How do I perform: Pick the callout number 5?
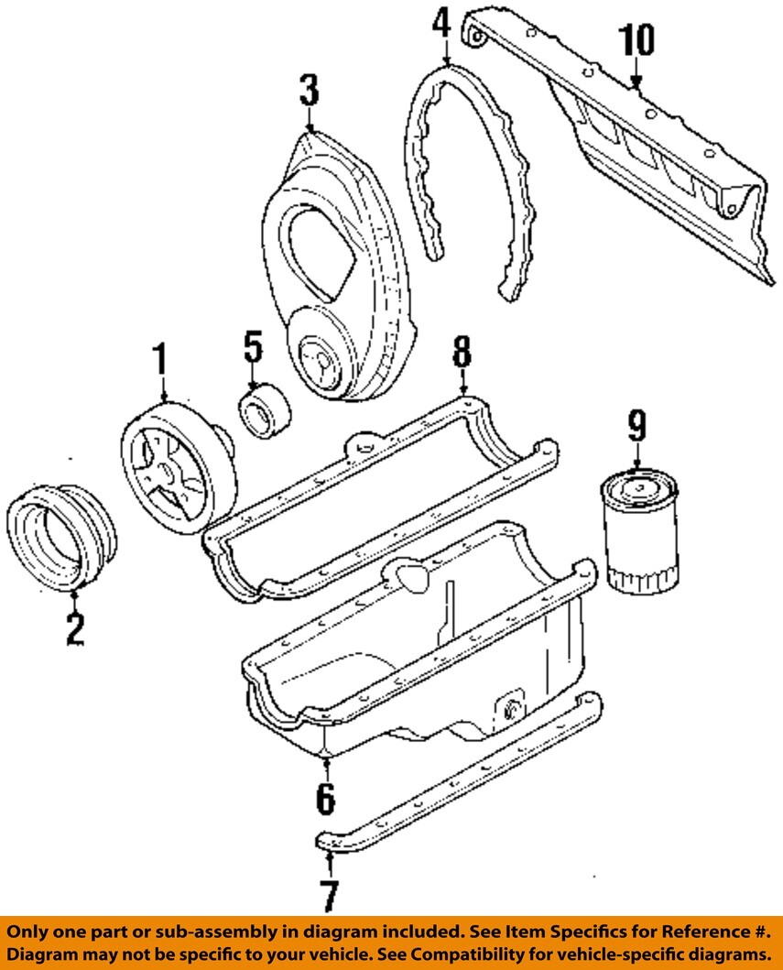[x=253, y=347]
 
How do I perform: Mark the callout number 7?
[x=327, y=895]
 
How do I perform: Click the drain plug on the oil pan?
[x=510, y=709]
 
